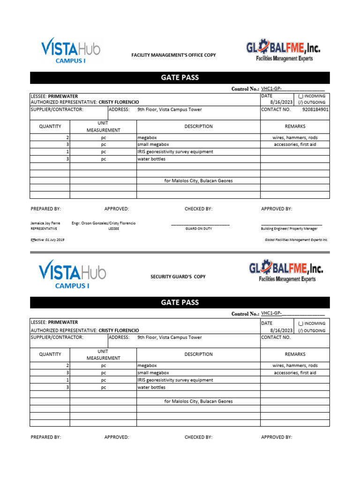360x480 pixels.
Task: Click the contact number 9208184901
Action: (315, 109)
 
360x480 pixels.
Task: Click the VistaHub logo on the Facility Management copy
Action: (70, 50)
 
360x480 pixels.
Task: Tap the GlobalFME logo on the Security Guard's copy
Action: (285, 272)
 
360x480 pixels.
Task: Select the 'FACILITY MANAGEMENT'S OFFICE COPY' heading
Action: (173, 55)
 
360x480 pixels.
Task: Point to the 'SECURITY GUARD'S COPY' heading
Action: (178, 277)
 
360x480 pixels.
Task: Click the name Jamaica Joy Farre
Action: (45, 224)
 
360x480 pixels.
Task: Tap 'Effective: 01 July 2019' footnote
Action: (47, 240)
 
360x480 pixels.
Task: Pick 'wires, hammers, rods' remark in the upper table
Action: (295, 138)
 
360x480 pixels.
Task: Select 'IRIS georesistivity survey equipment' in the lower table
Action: (175, 380)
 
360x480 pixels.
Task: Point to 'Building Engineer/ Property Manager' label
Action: (289, 229)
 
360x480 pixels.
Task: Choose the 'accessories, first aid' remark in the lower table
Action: (295, 373)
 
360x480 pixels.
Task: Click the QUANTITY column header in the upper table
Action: (50, 127)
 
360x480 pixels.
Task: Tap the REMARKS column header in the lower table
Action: (295, 354)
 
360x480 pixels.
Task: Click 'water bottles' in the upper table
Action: (151, 159)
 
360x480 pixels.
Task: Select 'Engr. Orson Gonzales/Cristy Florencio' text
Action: (104, 224)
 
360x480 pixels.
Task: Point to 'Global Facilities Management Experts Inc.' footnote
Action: (296, 240)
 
